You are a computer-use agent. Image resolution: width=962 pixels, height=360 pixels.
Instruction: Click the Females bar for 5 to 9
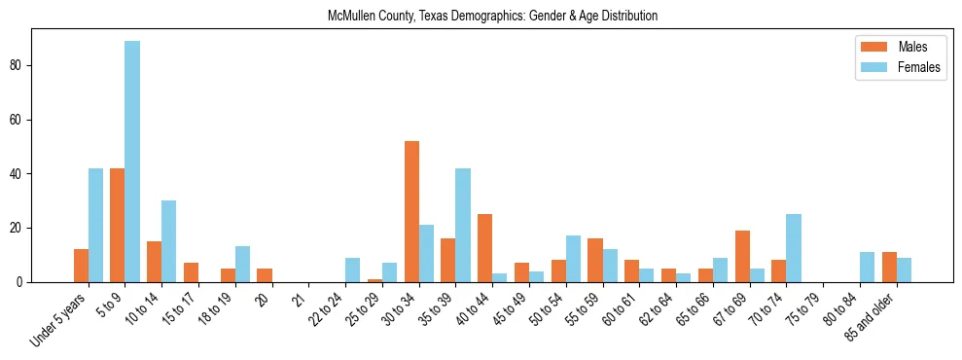pos(132,162)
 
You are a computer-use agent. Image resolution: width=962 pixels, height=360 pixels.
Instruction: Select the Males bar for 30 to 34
pos(411,211)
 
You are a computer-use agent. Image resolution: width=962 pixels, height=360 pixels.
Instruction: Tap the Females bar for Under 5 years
pos(95,225)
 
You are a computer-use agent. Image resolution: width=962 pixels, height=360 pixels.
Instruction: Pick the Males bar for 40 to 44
pos(484,248)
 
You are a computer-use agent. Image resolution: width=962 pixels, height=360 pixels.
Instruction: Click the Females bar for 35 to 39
pos(463,225)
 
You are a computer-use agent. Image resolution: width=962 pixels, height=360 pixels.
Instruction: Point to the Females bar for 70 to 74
pos(794,248)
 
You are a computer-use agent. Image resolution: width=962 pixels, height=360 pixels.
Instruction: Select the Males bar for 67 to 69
pos(742,256)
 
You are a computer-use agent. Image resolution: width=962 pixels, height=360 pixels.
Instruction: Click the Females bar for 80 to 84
pos(868,267)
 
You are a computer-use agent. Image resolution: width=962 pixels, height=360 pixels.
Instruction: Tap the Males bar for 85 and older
pos(889,267)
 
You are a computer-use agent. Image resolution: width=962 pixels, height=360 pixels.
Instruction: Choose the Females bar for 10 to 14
pos(169,241)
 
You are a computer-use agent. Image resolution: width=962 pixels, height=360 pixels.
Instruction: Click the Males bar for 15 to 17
pos(191,272)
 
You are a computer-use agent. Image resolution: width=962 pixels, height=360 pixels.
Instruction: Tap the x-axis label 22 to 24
pos(329,306)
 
